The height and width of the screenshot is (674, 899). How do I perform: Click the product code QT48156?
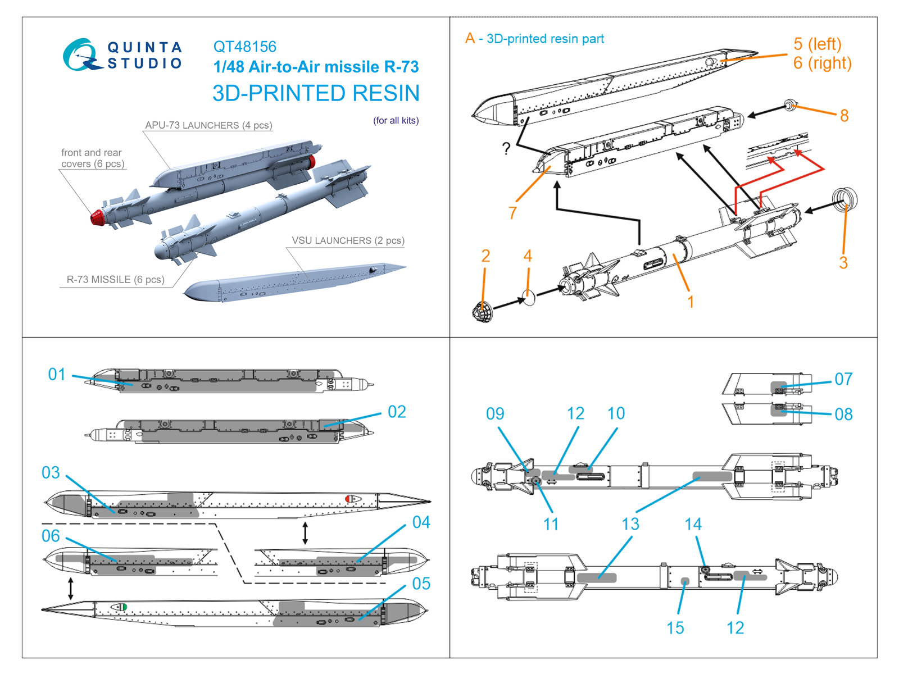[x=244, y=47]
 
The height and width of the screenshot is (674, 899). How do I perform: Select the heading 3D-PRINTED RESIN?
[x=316, y=93]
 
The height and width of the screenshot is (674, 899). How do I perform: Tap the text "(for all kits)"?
[x=396, y=120]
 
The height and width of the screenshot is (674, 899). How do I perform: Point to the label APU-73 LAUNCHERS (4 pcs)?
[x=208, y=125]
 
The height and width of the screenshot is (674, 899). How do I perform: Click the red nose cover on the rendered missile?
[x=99, y=217]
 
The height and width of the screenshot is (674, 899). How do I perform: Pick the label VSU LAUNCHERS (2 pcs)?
[x=348, y=240]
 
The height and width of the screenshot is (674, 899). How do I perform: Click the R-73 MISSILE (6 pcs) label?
[x=115, y=279]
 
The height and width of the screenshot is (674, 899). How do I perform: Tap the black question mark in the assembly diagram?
[x=506, y=149]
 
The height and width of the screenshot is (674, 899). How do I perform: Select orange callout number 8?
[x=844, y=116]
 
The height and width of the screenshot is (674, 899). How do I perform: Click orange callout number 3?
[x=843, y=262]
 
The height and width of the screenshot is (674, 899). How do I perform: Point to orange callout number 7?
[x=512, y=213]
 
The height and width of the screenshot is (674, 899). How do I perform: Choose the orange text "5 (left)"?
[x=817, y=44]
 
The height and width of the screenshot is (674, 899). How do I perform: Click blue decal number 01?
[x=57, y=374]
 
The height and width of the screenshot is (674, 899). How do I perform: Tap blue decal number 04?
[x=421, y=522]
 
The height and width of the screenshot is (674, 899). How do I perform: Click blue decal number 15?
[x=675, y=627]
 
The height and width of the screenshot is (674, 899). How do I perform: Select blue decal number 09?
[x=494, y=414]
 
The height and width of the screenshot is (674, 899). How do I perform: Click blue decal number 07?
[x=843, y=379]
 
